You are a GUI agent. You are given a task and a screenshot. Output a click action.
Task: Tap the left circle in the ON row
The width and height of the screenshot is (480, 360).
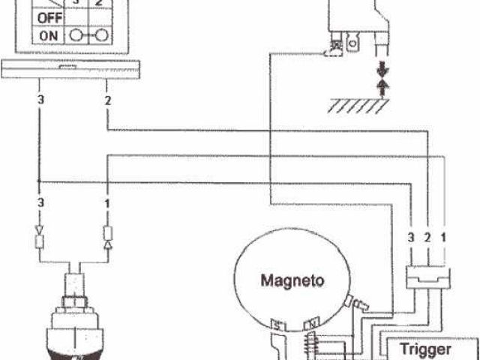coord(77,34)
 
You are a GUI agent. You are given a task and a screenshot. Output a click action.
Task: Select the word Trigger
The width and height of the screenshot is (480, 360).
coord(425,349)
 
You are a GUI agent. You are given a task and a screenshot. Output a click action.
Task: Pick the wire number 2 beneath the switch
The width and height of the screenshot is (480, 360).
coord(109,100)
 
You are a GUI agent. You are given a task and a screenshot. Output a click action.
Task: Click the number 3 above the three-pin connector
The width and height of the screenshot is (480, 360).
coord(411,238)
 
